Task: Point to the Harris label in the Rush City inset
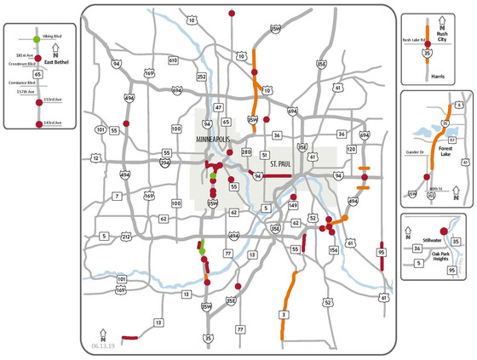pyautogui.click(x=438, y=76)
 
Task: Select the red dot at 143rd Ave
pyautogui.click(x=37, y=124)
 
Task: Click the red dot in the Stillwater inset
pyautogui.click(x=443, y=231)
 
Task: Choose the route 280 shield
pyautogui.click(x=246, y=153)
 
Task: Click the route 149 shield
pyautogui.click(x=293, y=205)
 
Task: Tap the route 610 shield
pyautogui.click(x=173, y=61)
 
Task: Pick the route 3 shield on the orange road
pyautogui.click(x=282, y=316)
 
